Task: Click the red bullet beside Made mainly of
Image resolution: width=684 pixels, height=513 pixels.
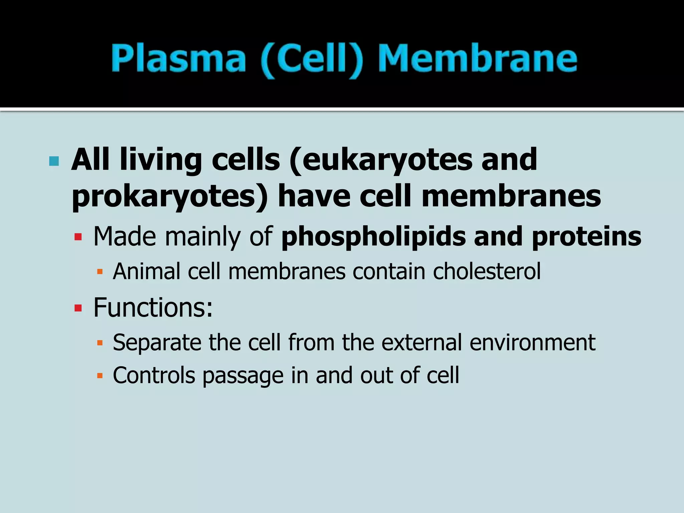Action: [x=78, y=237]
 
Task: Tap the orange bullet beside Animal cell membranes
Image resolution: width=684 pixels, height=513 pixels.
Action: [x=100, y=271]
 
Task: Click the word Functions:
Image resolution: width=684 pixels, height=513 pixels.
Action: [x=153, y=308]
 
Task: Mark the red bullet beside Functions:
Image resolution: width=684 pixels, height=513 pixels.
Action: [x=78, y=308]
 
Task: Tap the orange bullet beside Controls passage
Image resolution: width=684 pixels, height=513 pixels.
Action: [x=100, y=376]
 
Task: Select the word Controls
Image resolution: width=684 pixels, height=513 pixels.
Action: [x=154, y=375]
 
